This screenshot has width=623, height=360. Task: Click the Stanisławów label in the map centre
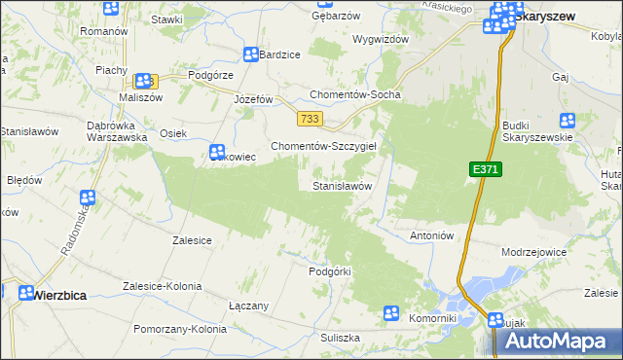[x=342, y=185]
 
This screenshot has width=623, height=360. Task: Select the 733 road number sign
[x=311, y=119]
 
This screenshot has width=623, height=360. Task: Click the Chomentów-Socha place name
[x=354, y=94]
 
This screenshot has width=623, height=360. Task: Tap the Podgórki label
[x=328, y=271]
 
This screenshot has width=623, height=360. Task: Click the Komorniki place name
[x=433, y=318]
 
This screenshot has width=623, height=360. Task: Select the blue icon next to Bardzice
[x=251, y=55]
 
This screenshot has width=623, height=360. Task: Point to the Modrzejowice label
[x=533, y=251]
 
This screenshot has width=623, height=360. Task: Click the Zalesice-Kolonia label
[x=162, y=286]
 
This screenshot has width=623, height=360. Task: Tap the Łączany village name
[x=248, y=306]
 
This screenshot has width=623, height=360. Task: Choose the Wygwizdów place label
[x=380, y=39]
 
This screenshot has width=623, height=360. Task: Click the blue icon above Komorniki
[x=391, y=313]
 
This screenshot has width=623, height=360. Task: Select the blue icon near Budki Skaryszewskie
[x=568, y=122]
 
